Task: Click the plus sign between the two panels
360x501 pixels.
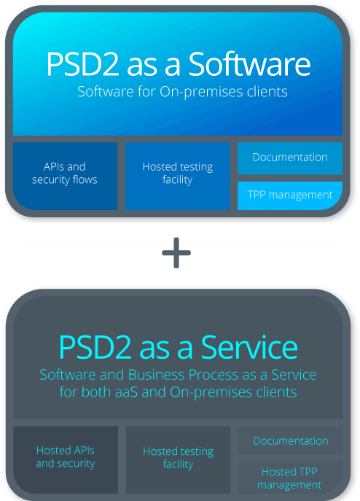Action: [176, 253]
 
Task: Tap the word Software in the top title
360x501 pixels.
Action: [249, 64]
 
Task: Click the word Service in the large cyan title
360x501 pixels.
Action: [249, 348]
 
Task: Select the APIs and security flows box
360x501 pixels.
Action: [65, 176]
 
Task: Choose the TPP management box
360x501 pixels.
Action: [290, 195]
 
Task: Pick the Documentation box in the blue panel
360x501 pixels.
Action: [290, 158]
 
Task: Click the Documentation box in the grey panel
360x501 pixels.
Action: [290, 440]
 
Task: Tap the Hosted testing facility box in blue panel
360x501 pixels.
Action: [178, 176]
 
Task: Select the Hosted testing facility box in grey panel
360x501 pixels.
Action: [179, 459]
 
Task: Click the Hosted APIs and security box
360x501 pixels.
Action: [66, 459]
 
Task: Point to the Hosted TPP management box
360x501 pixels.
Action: [290, 478]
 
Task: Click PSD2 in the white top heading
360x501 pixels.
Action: [83, 64]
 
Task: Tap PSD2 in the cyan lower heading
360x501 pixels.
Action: [95, 348]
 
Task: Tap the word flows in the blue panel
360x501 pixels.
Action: [85, 179]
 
